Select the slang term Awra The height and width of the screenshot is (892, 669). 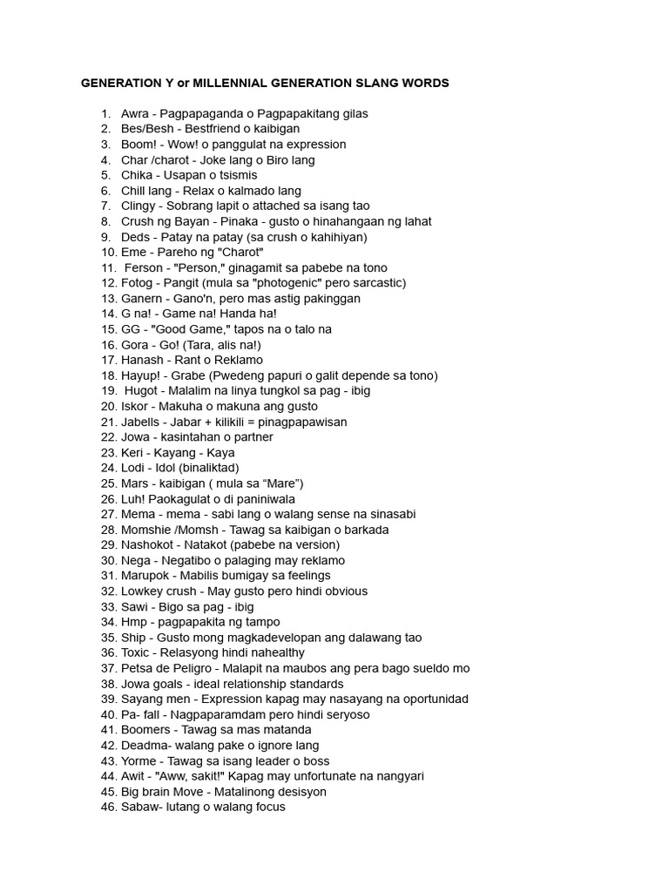(136, 114)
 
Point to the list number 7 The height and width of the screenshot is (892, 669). (105, 206)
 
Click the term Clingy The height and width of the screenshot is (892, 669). (139, 206)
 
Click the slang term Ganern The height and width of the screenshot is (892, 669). (141, 299)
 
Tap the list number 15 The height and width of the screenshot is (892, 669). (109, 329)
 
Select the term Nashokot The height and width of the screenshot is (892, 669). (150, 544)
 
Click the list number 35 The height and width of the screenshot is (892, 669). (109, 638)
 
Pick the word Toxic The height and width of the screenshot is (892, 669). (137, 652)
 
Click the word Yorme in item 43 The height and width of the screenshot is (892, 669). (139, 760)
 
